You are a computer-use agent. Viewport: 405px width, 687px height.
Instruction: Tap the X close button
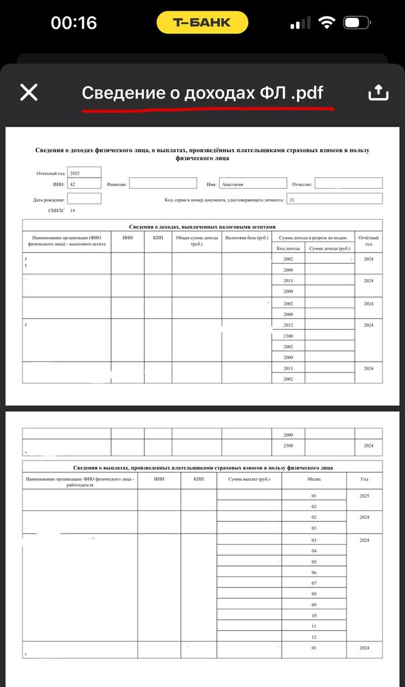[28, 92]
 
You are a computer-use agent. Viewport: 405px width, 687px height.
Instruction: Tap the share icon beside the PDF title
[376, 92]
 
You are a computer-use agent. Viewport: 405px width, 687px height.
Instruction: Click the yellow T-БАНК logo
[202, 23]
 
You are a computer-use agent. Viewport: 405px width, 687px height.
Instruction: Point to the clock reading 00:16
[73, 23]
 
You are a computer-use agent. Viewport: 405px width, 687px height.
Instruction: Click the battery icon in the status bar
[358, 23]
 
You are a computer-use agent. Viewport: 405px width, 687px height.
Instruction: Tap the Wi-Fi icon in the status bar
[327, 23]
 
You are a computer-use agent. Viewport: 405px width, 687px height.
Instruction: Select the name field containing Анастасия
[253, 184]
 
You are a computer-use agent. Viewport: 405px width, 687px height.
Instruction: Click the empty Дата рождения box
[84, 199]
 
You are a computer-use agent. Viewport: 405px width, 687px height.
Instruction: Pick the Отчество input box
[348, 184]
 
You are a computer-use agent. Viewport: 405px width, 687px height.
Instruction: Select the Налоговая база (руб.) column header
[246, 238]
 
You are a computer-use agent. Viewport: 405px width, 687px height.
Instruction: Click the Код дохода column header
[288, 248]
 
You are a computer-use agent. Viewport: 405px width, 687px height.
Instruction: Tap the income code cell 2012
[288, 326]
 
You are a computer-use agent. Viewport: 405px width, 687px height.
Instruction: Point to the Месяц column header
[314, 480]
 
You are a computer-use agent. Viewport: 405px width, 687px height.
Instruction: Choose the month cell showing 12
[314, 637]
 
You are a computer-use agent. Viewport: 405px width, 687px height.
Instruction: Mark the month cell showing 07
[314, 583]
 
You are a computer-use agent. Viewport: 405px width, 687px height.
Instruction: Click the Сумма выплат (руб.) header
[249, 480]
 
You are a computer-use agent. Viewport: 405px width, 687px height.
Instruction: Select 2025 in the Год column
[364, 496]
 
